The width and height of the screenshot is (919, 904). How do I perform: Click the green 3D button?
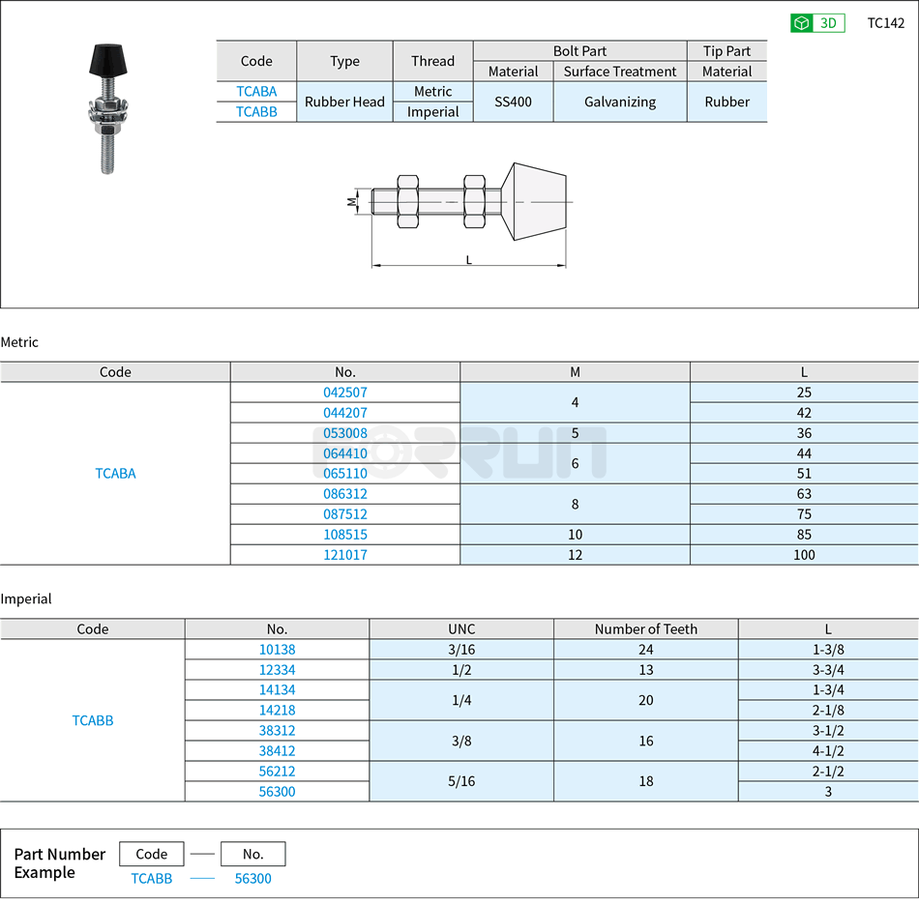point(817,23)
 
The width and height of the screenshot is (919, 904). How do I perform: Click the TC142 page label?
point(885,23)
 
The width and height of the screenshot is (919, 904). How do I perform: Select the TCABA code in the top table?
point(256,92)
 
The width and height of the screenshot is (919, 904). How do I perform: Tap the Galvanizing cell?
point(620,102)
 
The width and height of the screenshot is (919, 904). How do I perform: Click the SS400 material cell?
point(513,102)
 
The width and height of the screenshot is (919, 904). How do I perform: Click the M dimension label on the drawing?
point(352,202)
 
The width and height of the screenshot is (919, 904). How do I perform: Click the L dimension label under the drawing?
point(469,259)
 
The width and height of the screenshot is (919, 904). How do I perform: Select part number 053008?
point(345,433)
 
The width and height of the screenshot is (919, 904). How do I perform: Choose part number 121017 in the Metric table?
point(345,555)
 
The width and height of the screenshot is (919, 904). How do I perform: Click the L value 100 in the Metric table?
point(804,555)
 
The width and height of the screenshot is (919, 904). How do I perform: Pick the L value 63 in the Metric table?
point(804,494)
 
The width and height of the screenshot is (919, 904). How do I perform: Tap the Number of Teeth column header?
point(645,629)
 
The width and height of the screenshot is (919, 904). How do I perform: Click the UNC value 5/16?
point(461,781)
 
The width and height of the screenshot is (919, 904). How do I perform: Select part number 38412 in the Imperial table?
point(277,751)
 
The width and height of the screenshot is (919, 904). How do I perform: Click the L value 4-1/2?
point(828,751)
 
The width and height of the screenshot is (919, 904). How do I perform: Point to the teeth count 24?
point(645,650)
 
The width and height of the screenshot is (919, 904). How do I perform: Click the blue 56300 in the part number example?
point(253,879)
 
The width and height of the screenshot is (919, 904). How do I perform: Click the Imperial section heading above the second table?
point(26,599)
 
